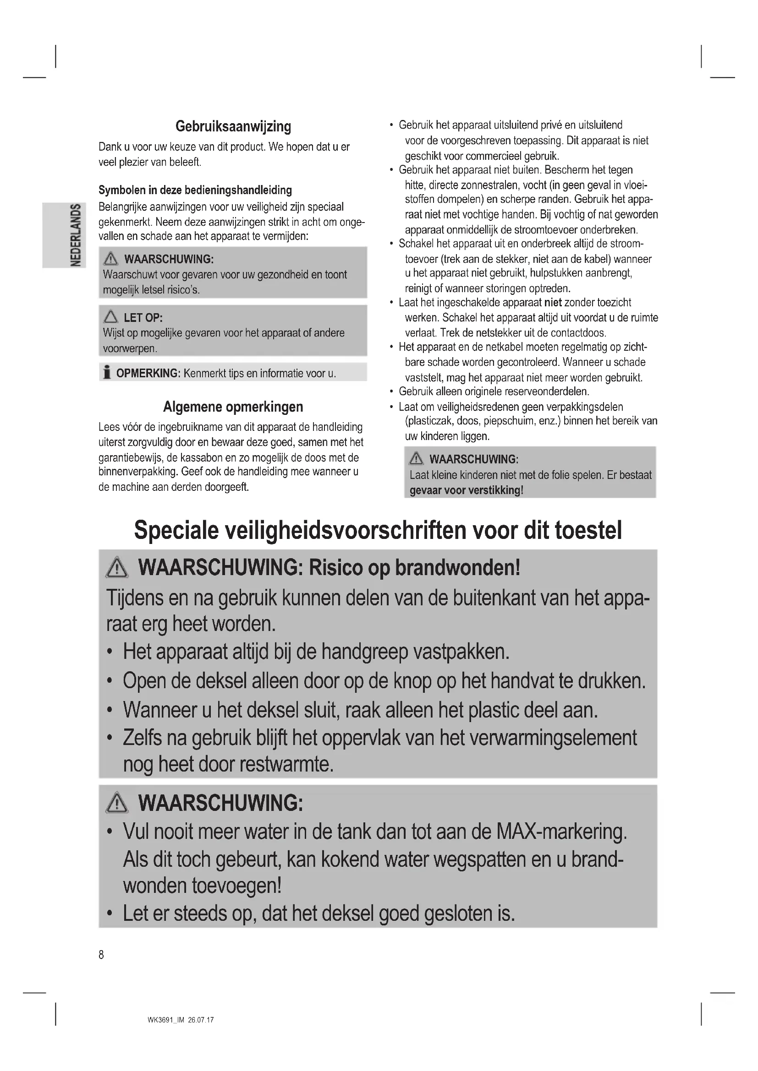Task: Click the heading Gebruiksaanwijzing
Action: (233, 126)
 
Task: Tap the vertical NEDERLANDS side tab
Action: (75, 235)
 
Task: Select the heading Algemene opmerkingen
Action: (233, 407)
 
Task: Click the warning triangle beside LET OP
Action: (110, 317)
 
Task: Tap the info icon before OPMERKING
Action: (107, 373)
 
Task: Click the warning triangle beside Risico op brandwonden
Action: (117, 568)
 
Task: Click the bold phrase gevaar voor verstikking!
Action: (466, 490)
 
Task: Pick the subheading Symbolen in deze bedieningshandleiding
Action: (195, 190)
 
